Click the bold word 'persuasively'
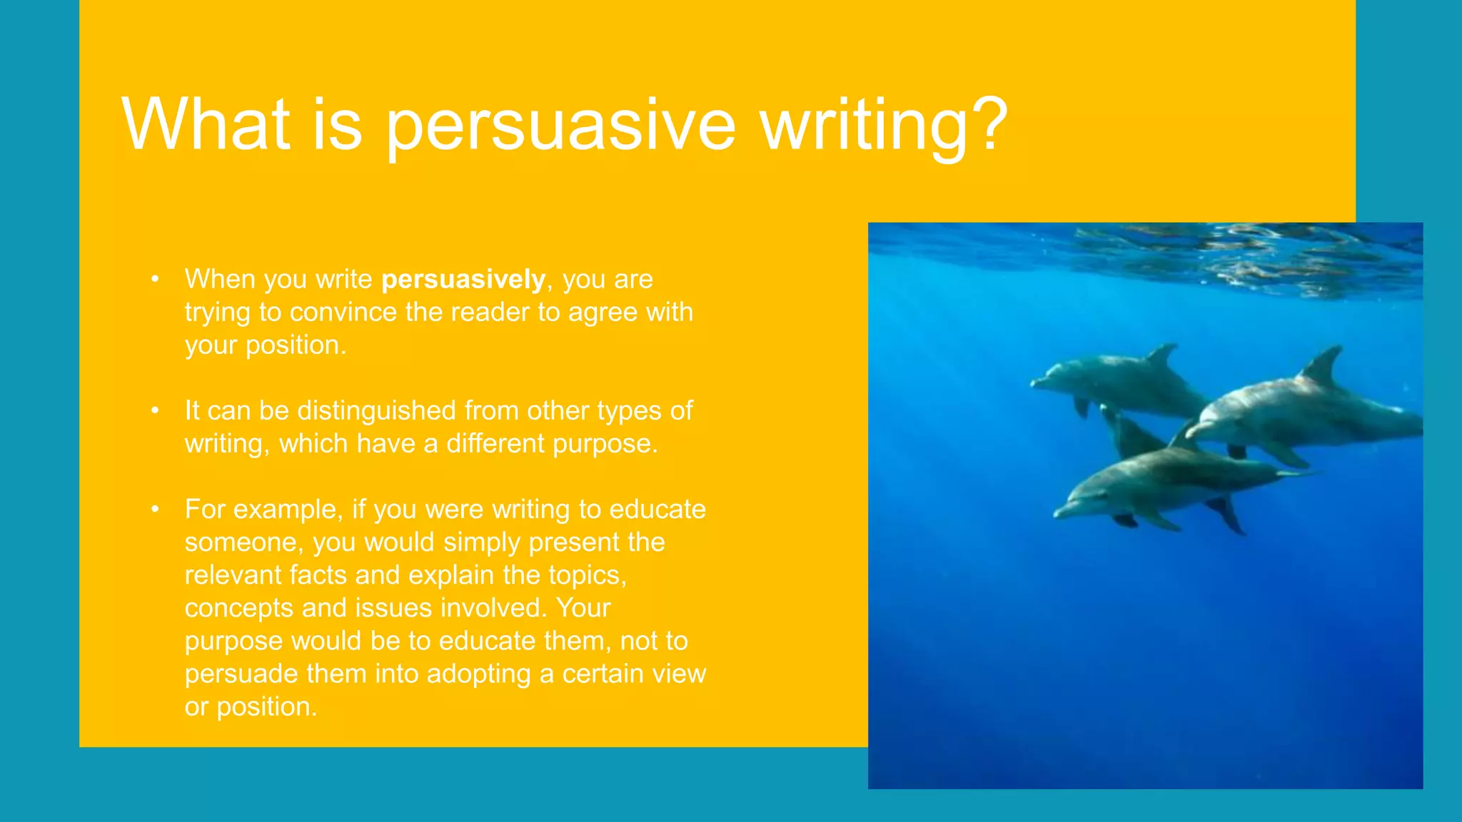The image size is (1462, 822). point(463,279)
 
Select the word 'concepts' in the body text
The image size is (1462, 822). point(238,608)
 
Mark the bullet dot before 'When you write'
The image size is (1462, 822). point(155,279)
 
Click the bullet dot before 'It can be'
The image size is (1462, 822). point(155,411)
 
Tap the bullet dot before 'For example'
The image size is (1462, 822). point(155,509)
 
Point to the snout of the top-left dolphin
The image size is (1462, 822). point(1037,384)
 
